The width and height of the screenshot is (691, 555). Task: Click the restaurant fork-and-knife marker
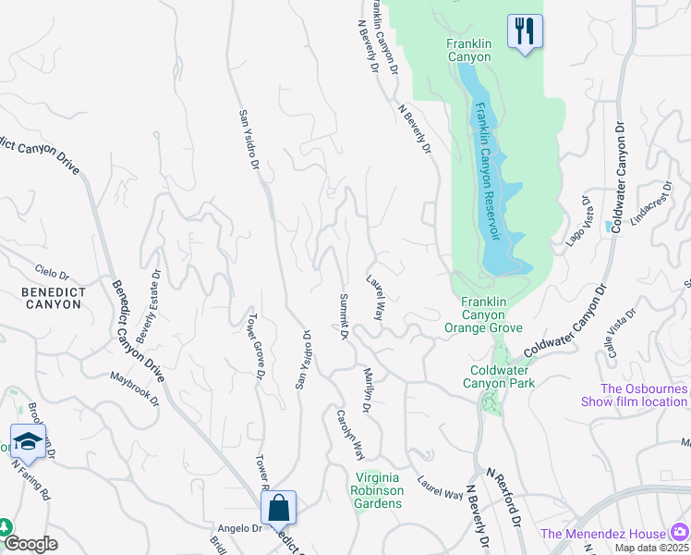524,31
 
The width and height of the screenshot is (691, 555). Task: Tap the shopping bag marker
278,508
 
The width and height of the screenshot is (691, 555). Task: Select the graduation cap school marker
28,440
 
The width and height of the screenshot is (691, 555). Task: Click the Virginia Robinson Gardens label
378,490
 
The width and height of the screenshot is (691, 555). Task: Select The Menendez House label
602,533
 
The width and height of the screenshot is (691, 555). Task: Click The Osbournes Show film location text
634,395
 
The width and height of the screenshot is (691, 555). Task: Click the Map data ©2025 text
652,548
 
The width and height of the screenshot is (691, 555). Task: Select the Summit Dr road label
342,317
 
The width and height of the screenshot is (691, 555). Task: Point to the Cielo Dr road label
51,274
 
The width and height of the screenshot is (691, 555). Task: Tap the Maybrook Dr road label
135,389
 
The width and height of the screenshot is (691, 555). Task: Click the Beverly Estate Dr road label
150,306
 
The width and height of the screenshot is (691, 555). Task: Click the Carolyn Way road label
350,434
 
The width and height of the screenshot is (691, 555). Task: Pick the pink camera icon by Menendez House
680,532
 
